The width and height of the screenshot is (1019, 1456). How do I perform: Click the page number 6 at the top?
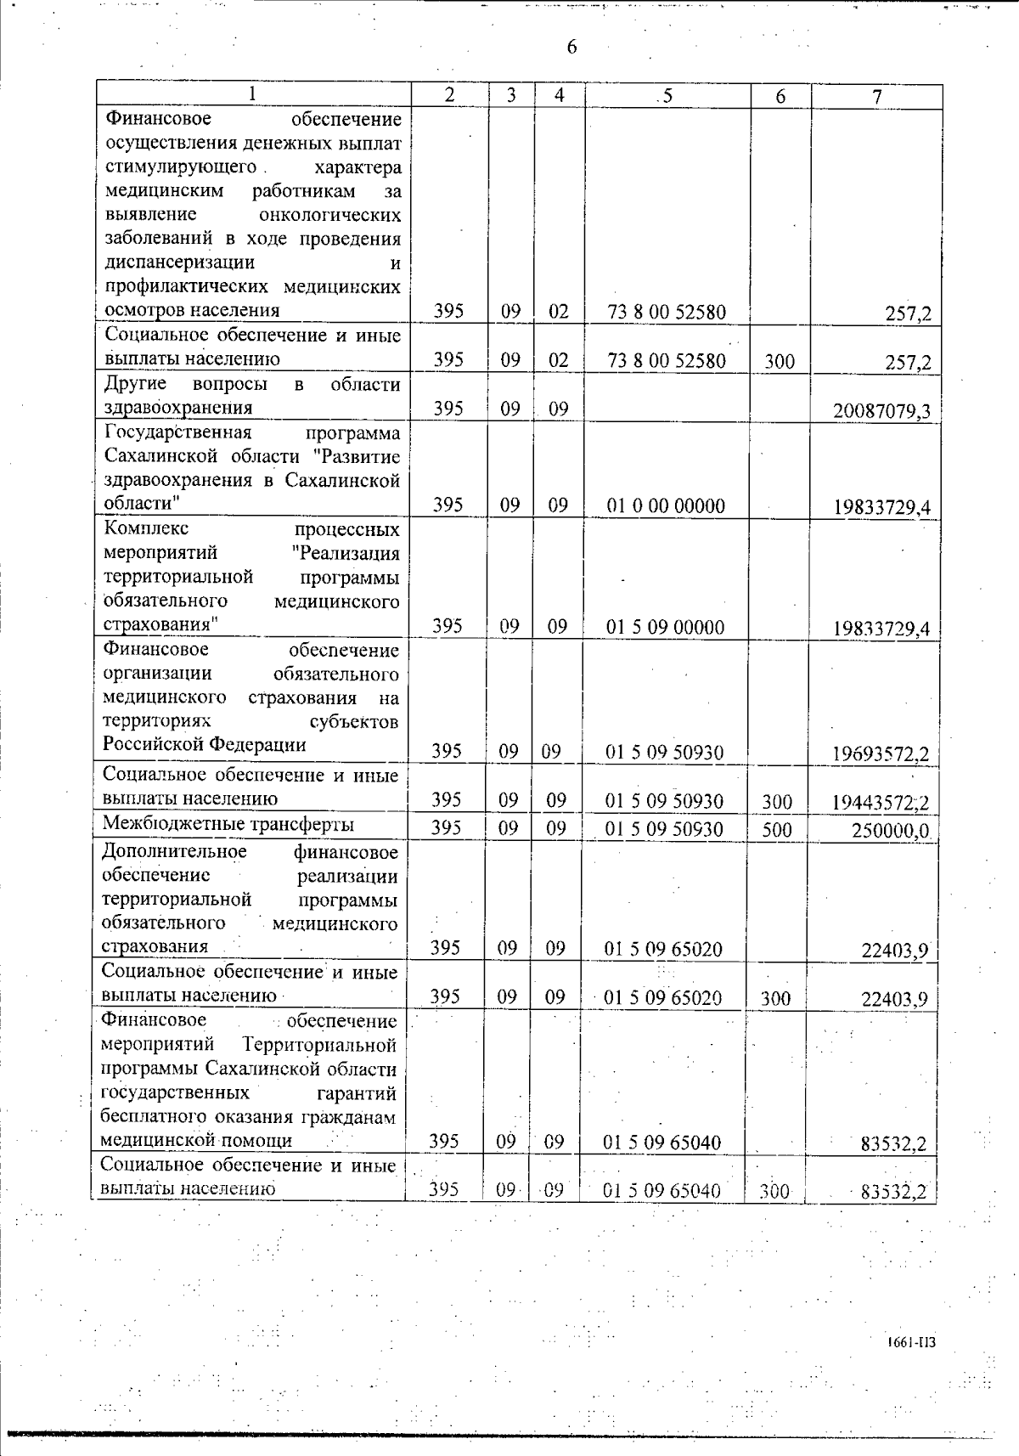[x=571, y=47]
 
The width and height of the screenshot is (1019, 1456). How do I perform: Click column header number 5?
[x=667, y=96]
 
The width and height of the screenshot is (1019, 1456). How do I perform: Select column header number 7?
[x=876, y=96]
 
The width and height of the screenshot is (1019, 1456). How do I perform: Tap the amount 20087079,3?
[x=881, y=412]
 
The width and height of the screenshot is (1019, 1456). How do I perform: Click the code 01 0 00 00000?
[x=666, y=506]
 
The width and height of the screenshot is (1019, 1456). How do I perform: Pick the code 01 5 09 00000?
[x=666, y=628]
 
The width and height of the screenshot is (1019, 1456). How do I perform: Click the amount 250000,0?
[x=891, y=831]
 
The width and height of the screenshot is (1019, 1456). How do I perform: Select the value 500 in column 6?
[x=777, y=829]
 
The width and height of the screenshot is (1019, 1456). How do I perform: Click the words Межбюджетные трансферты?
[x=228, y=824]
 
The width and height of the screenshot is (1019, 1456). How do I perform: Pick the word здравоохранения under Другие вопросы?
[x=178, y=408]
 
